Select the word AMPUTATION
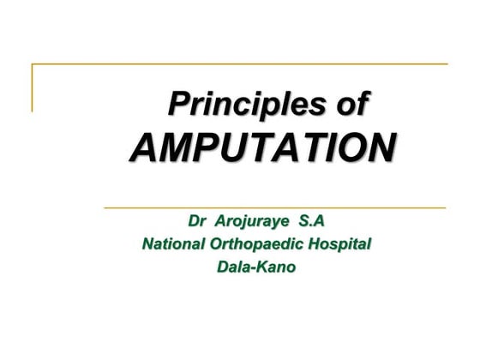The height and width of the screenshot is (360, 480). [262, 147]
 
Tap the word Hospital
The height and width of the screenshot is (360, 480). [341, 245]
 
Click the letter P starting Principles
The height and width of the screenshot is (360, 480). [178, 105]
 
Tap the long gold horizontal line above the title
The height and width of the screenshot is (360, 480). [240, 63]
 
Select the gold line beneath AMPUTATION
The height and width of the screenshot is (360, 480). [274, 207]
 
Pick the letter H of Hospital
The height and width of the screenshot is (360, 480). [317, 245]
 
